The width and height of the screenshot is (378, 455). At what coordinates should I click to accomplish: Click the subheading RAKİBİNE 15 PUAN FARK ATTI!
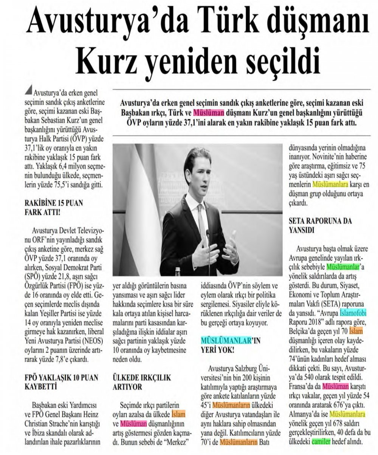click(x=53, y=207)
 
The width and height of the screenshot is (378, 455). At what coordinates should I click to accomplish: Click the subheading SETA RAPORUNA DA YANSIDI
click(x=320, y=225)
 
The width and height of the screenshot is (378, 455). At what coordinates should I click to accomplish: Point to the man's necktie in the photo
click(x=201, y=223)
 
